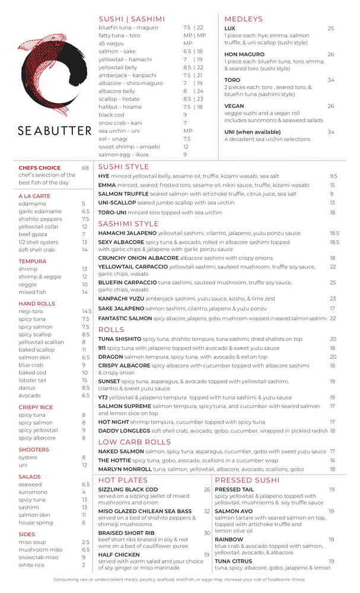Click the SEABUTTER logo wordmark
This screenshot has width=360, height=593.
(54, 130)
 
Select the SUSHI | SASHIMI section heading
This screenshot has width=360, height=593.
(132, 19)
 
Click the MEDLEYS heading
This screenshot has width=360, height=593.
(243, 19)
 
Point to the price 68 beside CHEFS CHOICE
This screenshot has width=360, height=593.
(85, 168)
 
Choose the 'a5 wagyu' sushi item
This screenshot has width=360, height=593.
(111, 43)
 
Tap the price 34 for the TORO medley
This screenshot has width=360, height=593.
(330, 80)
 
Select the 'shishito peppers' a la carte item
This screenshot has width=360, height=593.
(37, 219)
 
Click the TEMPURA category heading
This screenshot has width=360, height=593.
(32, 261)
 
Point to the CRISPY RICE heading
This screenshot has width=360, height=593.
(36, 407)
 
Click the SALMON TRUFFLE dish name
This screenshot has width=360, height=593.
(123, 194)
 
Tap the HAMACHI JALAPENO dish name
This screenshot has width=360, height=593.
(127, 233)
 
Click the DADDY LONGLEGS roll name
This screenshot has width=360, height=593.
(124, 431)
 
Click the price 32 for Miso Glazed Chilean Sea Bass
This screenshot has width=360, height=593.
(207, 511)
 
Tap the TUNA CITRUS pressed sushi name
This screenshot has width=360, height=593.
(234, 560)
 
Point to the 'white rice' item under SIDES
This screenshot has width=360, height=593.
(31, 565)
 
